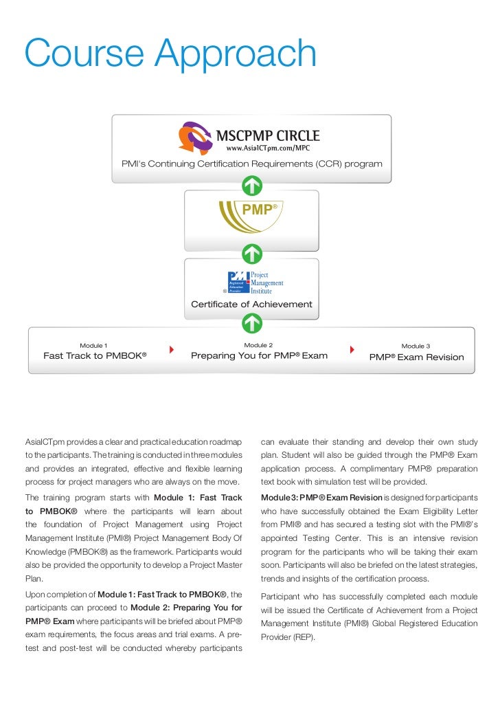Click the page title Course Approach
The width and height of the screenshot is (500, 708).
pos(170,55)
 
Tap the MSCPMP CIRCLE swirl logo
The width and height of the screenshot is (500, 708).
pos(197,137)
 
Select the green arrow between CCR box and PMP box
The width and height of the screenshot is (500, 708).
pos(252,186)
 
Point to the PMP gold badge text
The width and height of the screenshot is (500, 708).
pos(258,210)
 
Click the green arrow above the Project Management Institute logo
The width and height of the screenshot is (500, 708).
pos(252,254)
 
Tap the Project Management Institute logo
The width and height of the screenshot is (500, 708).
pos(255,282)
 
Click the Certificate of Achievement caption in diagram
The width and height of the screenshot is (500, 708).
pos(251,304)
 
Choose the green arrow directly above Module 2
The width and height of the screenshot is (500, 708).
pos(252,321)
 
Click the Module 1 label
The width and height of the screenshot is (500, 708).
pos(93,344)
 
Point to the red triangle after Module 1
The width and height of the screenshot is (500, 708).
pos(171,349)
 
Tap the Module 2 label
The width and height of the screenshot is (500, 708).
pos(258,344)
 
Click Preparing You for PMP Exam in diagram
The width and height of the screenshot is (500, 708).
pos(259,356)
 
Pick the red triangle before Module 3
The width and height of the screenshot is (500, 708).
pos(352,349)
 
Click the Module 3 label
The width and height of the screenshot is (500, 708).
pos(416,346)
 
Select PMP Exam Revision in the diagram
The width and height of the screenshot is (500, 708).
pos(416,357)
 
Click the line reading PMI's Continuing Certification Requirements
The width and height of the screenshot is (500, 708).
pos(251,164)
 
